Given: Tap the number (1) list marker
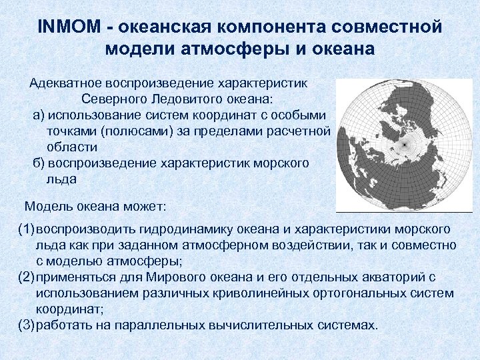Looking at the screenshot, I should pyautogui.click(x=26, y=229).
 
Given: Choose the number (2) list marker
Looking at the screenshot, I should pyautogui.click(x=26, y=277).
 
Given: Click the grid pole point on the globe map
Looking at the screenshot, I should pyautogui.click(x=403, y=145).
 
